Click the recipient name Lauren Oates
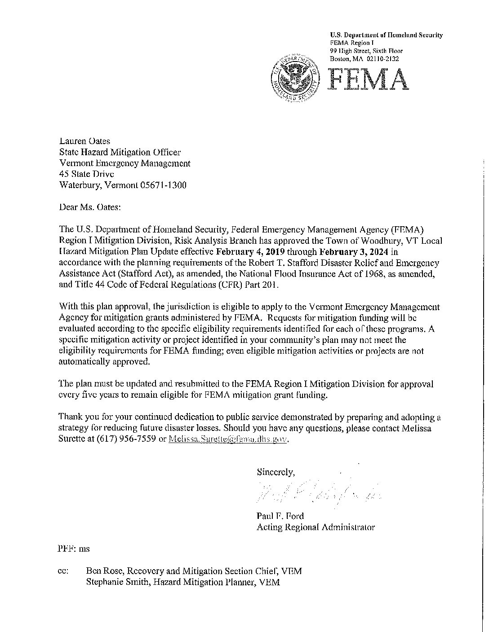[84, 141]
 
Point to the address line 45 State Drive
[86, 174]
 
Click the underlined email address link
[227, 439]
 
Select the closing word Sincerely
[276, 472]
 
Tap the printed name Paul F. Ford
[280, 516]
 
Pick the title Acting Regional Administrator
[316, 527]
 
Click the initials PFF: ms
[74, 549]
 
